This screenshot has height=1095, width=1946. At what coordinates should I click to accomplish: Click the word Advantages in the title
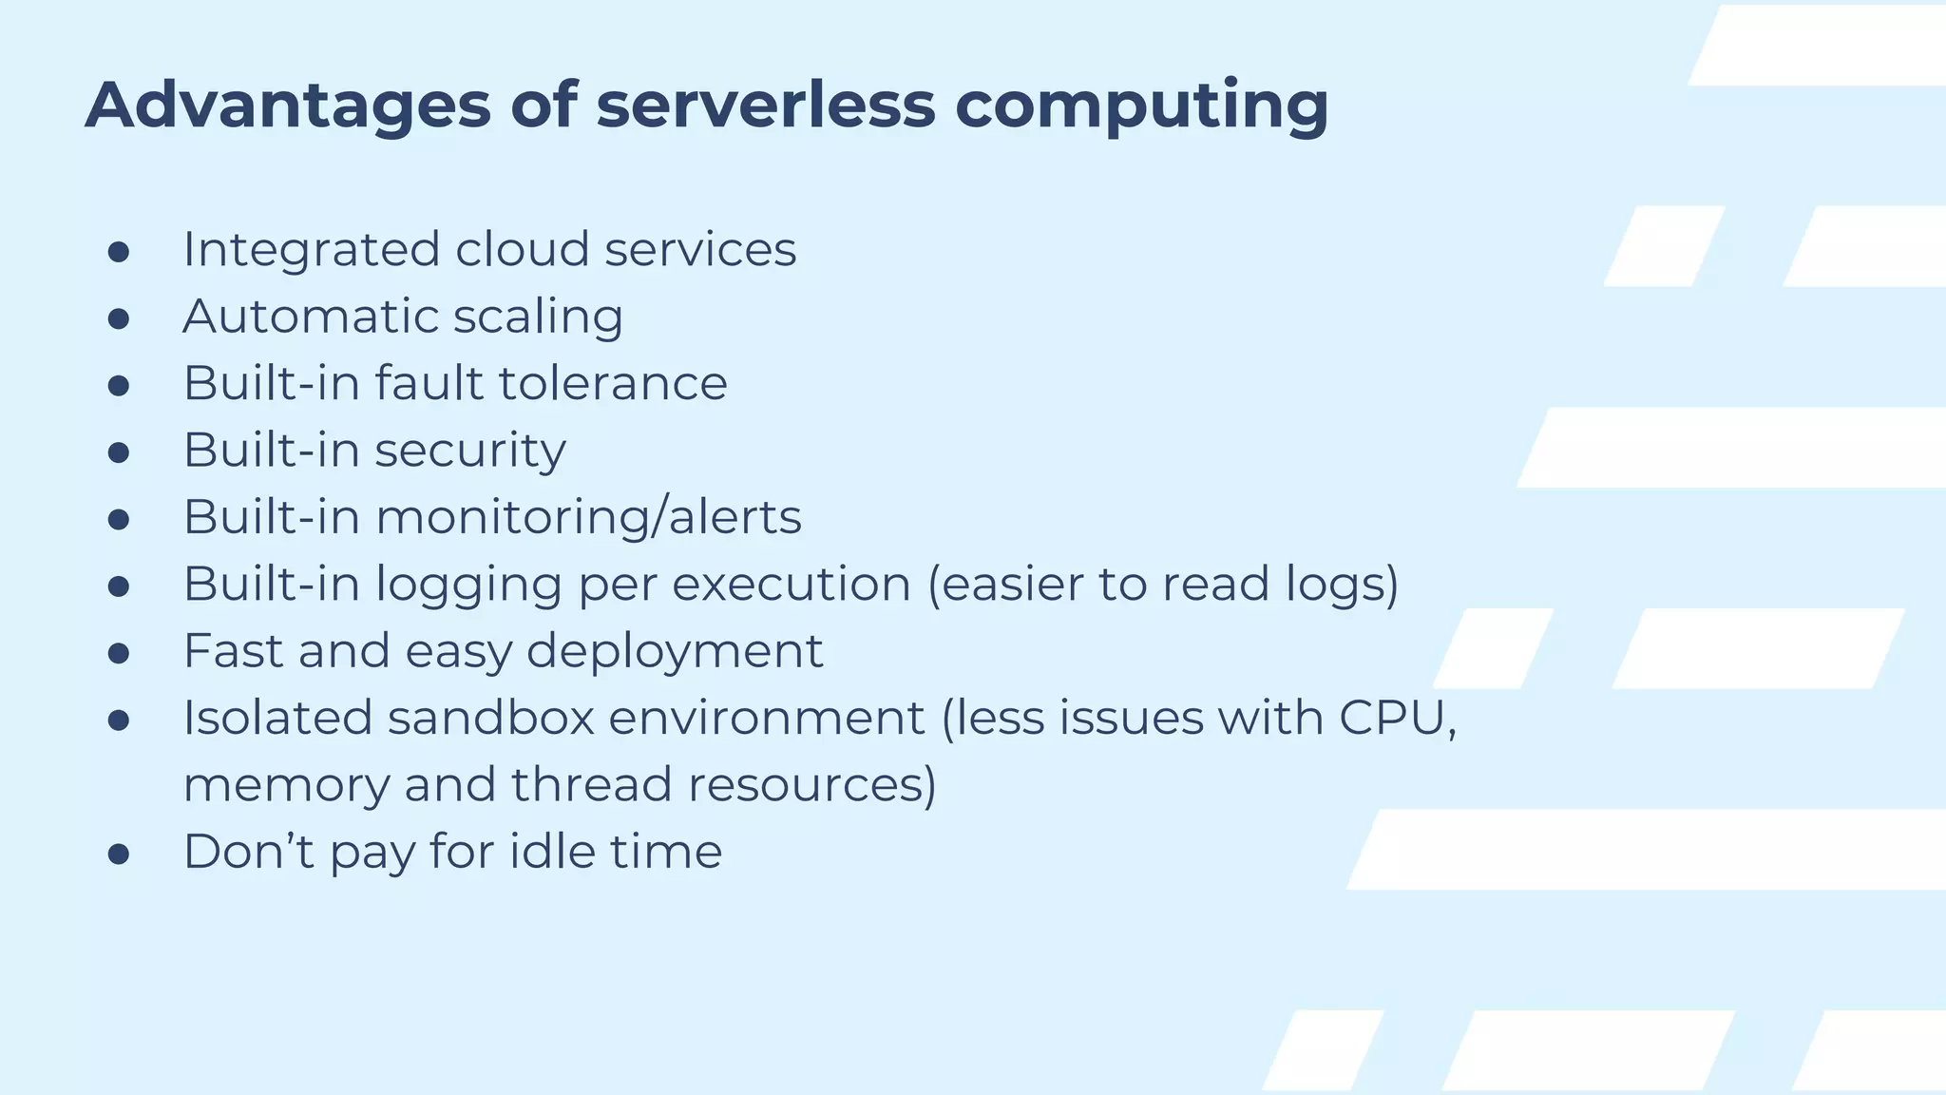pyautogui.click(x=287, y=105)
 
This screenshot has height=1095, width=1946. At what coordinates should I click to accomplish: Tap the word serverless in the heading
pyautogui.click(x=765, y=105)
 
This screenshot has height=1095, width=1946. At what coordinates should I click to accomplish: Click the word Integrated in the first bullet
pyautogui.click(x=312, y=250)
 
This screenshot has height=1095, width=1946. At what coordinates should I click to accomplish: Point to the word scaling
pyautogui.click(x=538, y=317)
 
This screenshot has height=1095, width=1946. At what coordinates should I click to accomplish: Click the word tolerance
pyautogui.click(x=613, y=383)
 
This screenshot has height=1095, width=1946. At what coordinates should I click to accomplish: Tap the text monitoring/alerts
pyautogui.click(x=588, y=518)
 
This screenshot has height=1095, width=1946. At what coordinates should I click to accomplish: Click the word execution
pyautogui.click(x=792, y=584)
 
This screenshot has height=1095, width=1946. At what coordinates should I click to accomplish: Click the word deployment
pyautogui.click(x=675, y=652)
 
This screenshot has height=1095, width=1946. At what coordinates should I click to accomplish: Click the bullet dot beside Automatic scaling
pyautogui.click(x=119, y=319)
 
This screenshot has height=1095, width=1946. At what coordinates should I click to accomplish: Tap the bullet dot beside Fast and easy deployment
pyautogui.click(x=119, y=654)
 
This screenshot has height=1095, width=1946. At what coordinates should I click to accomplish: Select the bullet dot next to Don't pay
pyautogui.click(x=119, y=855)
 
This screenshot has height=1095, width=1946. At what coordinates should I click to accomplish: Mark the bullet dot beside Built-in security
pyautogui.click(x=119, y=453)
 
